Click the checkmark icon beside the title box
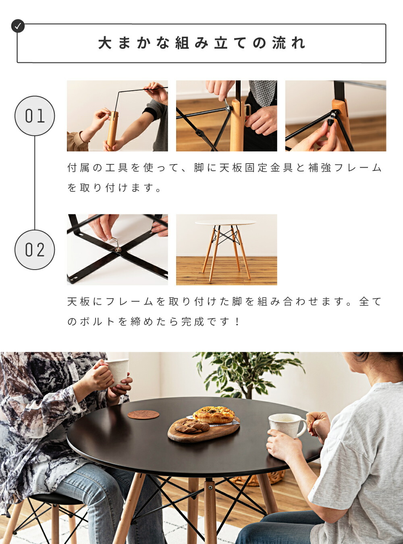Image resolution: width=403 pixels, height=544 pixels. (x=18, y=26)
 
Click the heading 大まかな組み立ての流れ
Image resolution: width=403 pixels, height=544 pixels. (x=201, y=43)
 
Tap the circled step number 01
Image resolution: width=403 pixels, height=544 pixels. (x=35, y=116)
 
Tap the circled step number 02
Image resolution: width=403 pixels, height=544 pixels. (x=35, y=250)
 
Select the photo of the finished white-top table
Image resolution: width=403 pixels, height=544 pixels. (x=226, y=249)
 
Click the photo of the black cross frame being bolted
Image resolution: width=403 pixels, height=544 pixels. (x=117, y=249)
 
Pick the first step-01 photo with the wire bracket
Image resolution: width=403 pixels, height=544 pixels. (x=117, y=116)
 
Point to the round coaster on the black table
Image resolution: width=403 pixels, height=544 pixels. (x=143, y=415)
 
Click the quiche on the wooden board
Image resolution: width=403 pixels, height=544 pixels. (x=214, y=415)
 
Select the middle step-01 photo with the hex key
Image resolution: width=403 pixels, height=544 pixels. (x=226, y=116)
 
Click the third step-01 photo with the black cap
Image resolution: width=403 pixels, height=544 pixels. (x=336, y=116)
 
